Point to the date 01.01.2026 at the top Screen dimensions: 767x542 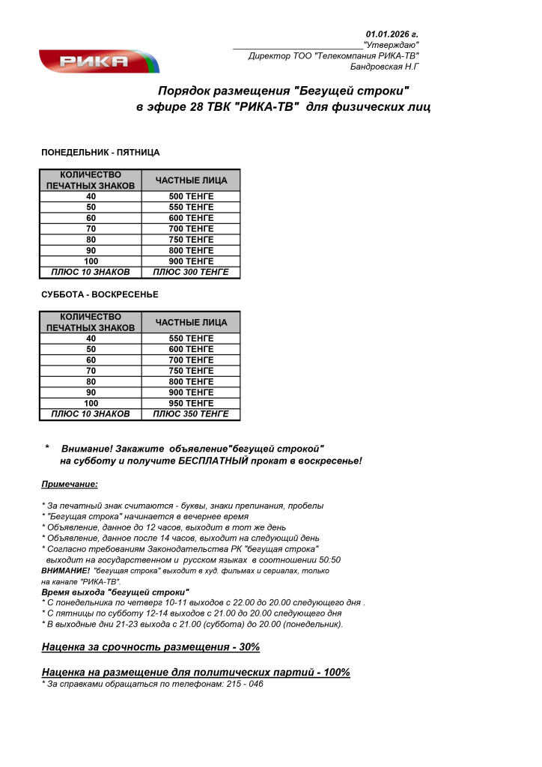(x=392, y=34)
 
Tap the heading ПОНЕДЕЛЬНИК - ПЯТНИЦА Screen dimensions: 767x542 (x=100, y=152)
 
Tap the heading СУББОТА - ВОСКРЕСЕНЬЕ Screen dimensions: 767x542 (x=100, y=294)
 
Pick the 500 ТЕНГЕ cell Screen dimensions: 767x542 (x=191, y=196)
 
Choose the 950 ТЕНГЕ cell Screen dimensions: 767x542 (x=191, y=403)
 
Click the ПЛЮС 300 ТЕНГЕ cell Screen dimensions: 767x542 (x=191, y=272)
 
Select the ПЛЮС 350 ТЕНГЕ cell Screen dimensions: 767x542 (x=191, y=413)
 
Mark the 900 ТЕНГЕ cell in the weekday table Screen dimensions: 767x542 (x=191, y=261)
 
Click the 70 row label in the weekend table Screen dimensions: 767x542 (x=91, y=371)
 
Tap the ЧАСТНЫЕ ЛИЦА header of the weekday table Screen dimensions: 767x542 (x=191, y=181)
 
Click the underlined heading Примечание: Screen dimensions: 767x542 (x=70, y=484)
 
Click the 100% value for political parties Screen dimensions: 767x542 (x=335, y=672)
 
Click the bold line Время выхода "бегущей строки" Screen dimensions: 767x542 (x=115, y=592)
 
